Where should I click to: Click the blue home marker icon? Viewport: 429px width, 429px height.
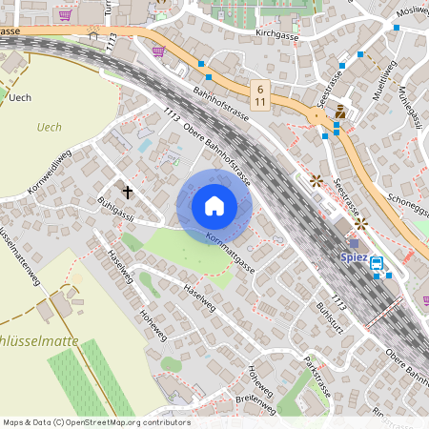click(214, 206)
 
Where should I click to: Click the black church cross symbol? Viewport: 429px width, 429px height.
click(128, 192)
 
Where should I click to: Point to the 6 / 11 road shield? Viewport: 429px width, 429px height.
click(261, 92)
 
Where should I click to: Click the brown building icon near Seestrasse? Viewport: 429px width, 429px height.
click(339, 112)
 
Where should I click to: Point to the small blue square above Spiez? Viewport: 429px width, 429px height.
click(355, 243)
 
